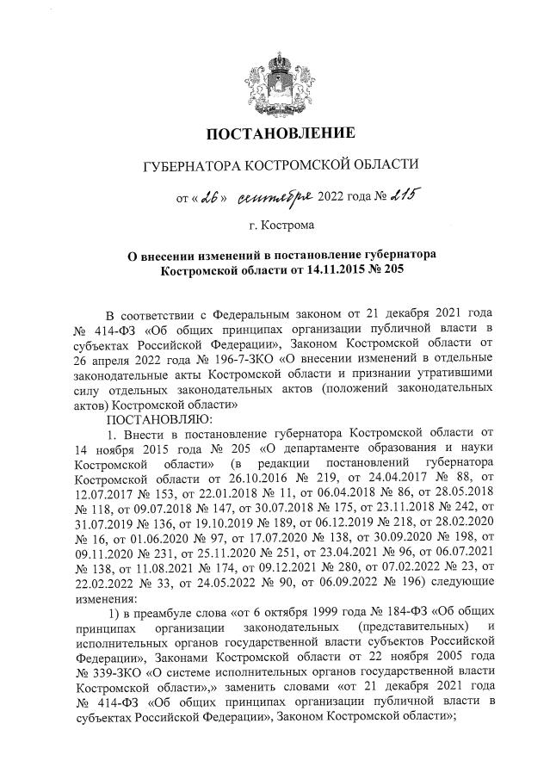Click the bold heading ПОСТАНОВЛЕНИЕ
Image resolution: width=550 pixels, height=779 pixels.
click(275, 133)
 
